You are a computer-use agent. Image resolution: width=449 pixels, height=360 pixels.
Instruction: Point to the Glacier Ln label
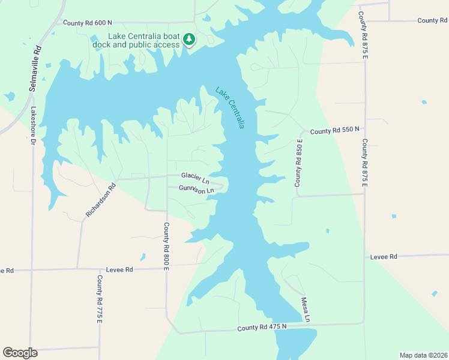pos(196,178)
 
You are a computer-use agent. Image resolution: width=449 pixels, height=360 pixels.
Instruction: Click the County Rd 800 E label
pos(166,246)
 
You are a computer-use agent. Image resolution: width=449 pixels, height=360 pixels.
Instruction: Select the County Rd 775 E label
pos(100,300)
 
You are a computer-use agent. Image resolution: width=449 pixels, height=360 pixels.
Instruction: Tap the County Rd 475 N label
pos(262,328)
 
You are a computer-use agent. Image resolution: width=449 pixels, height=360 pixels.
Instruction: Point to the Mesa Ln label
pos(306,309)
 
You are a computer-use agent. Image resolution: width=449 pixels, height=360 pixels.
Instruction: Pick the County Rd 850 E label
pos(298,163)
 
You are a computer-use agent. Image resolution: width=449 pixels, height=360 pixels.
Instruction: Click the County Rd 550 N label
pos(334,130)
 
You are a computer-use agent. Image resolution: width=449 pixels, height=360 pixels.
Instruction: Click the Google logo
pos(20,353)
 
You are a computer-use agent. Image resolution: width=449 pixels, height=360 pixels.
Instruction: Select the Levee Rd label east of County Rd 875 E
pos(385,257)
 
